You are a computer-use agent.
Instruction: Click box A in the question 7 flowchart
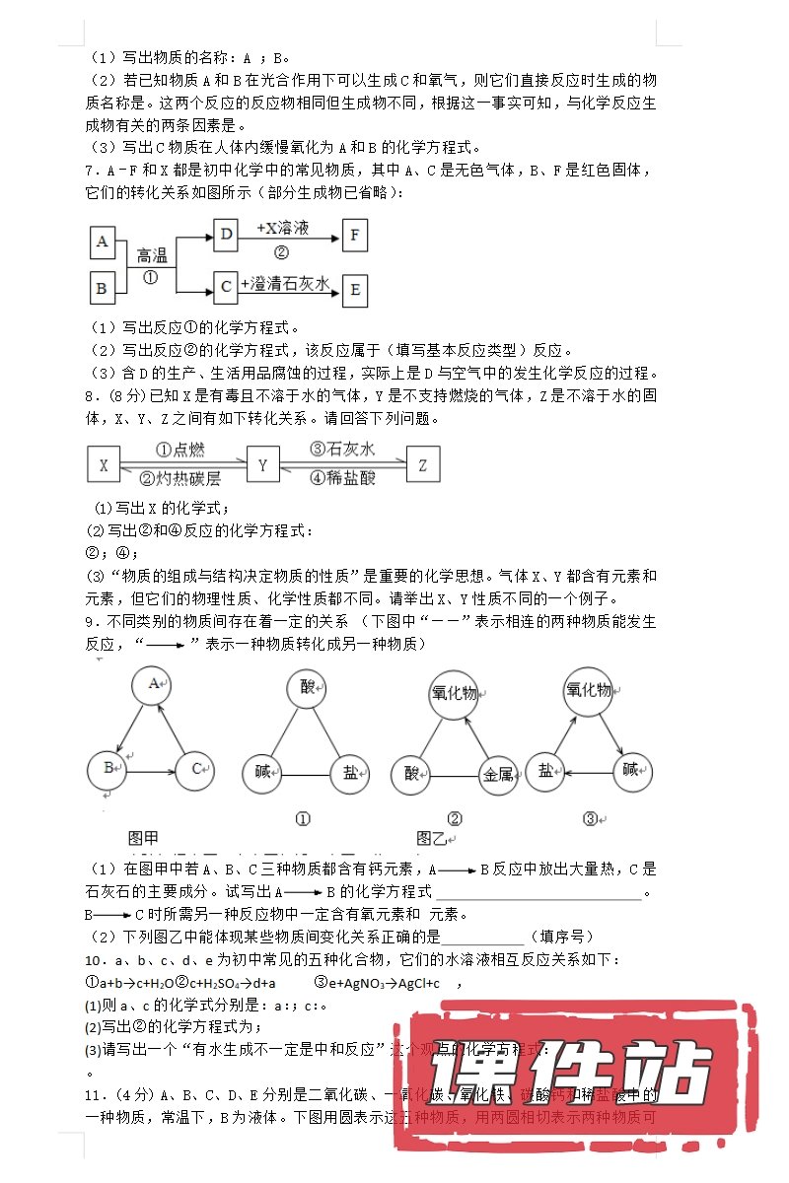[102, 241]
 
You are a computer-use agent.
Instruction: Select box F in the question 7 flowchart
[354, 234]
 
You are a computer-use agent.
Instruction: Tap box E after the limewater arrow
[354, 290]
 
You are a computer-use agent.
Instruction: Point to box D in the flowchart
[226, 234]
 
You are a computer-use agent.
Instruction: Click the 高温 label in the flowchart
[152, 255]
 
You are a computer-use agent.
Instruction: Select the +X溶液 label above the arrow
[282, 228]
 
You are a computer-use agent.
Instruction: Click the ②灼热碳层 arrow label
[180, 478]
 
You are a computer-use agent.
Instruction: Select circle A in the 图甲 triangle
[153, 683]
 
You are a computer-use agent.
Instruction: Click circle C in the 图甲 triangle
[197, 768]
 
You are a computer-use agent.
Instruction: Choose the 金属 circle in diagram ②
[497, 774]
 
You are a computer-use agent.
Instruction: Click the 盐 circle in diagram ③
[545, 771]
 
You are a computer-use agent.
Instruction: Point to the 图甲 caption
[143, 837]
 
